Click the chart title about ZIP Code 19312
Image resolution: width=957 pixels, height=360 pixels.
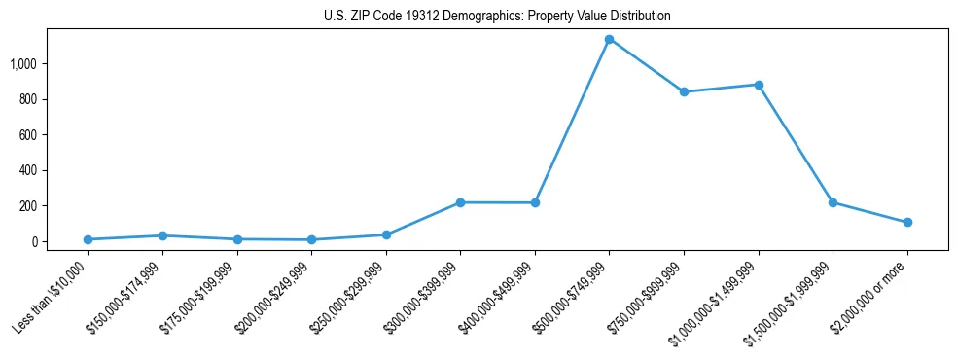497,17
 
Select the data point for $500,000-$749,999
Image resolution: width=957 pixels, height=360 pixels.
609,39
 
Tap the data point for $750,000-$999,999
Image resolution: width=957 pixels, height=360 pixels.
684,91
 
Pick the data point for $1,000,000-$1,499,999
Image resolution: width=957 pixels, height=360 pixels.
759,85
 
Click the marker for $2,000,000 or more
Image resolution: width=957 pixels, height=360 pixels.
907,222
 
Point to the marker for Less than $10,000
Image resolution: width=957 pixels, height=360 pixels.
88,239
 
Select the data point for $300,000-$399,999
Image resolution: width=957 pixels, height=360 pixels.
460,202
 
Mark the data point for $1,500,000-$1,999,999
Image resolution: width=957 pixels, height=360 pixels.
833,202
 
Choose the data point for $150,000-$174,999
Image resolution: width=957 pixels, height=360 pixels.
162,235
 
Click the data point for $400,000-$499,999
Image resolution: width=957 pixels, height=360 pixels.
535,202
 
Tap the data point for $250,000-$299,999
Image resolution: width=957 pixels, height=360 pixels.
386,234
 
